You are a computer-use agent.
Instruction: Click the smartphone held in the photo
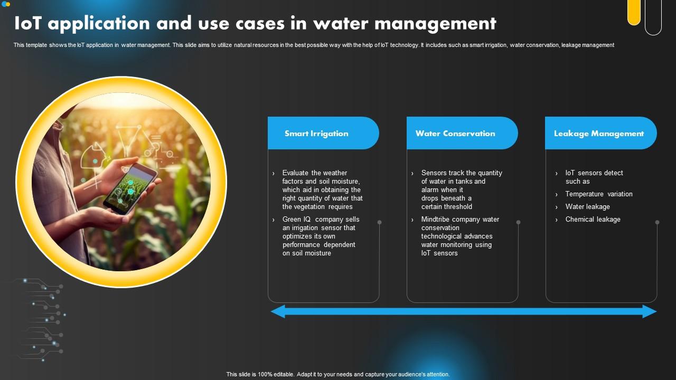[x=130, y=188]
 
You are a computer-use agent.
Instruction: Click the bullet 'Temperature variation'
[x=598, y=194]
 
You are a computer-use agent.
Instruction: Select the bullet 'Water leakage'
[x=587, y=207]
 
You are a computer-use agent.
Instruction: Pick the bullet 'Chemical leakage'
[x=593, y=220]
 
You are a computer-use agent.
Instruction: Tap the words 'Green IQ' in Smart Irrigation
[x=299, y=220]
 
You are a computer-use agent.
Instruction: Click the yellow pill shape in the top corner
[x=634, y=12]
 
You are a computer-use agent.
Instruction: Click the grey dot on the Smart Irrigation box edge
[x=379, y=223]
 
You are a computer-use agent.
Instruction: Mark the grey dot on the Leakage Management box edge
[x=657, y=223]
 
